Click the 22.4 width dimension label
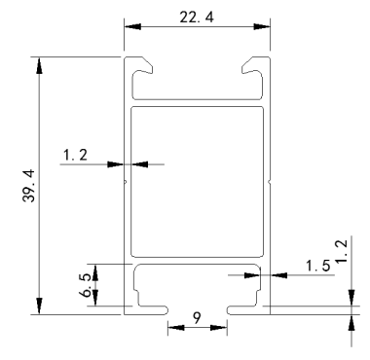tap(197, 18)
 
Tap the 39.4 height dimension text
tap(29, 186)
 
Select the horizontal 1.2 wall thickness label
tap(75, 155)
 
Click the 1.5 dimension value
tap(318, 266)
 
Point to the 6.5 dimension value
tap(87, 285)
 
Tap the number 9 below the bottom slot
tap(197, 318)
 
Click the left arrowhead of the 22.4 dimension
tap(132, 26)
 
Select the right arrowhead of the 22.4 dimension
tap(262, 26)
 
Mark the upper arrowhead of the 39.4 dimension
tap(39, 66)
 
